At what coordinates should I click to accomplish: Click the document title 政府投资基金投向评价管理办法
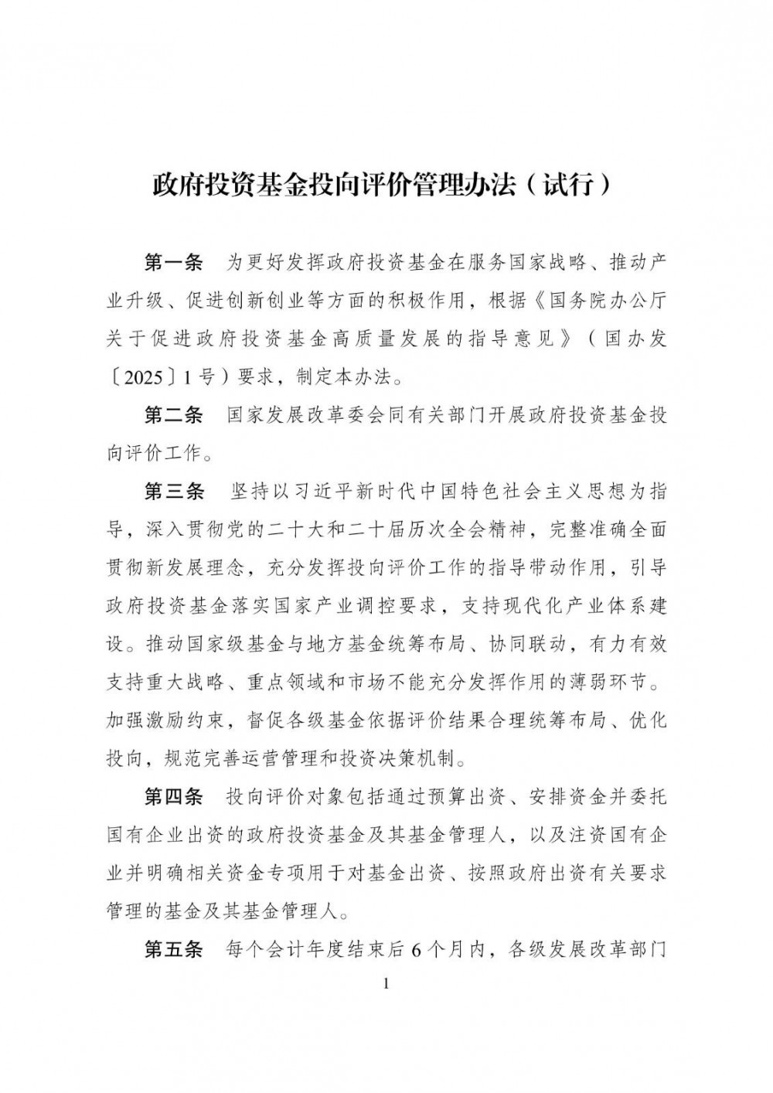coord(332,186)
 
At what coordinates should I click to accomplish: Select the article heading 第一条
coord(174,263)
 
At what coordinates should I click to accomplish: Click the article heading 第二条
coord(174,415)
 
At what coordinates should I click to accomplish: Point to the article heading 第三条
coord(174,491)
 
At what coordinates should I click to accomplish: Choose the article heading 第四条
coord(174,797)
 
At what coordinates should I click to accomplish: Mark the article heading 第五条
coord(174,949)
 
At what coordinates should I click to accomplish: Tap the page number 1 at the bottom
coord(386,984)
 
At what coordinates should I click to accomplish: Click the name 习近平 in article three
coord(357,492)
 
